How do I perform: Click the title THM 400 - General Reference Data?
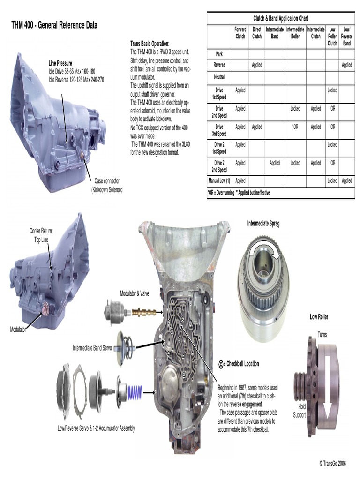click(x=54, y=25)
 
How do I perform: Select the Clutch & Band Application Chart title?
click(x=281, y=18)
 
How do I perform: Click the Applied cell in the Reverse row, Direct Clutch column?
click(x=257, y=65)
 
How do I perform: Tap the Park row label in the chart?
click(x=219, y=54)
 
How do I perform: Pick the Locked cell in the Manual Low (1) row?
click(x=332, y=180)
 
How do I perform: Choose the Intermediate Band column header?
click(x=275, y=32)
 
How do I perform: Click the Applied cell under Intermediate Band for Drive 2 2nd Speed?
click(x=275, y=163)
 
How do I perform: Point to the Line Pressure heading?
click(x=60, y=62)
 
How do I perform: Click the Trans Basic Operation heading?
click(x=150, y=44)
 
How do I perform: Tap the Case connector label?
click(x=107, y=180)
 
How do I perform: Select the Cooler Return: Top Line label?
click(x=41, y=234)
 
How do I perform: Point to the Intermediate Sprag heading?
click(x=263, y=224)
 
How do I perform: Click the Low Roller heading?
click(x=319, y=317)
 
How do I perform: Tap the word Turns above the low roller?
click(x=322, y=335)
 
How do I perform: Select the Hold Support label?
click(x=299, y=411)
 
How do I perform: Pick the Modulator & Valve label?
click(x=135, y=293)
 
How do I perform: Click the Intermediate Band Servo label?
click(x=92, y=348)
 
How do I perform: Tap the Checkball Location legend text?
click(x=242, y=364)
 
